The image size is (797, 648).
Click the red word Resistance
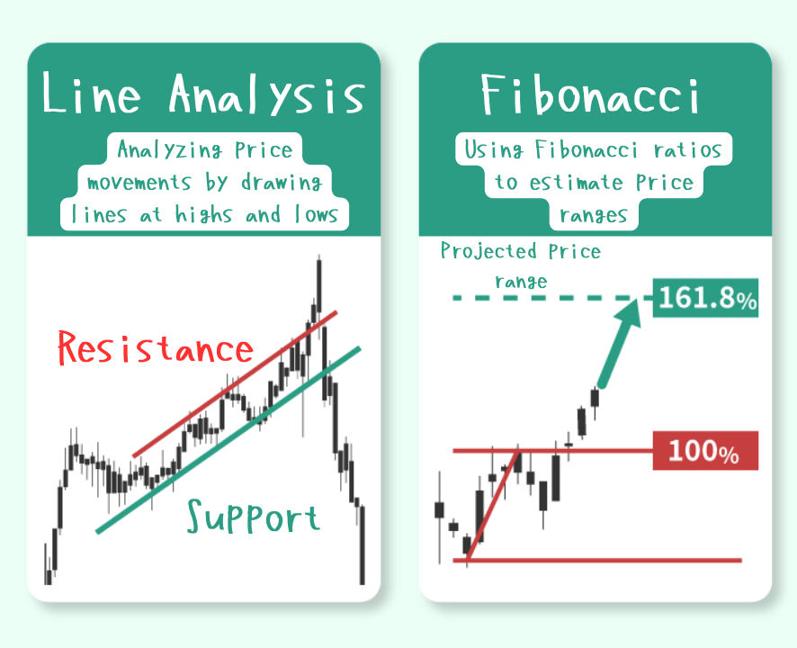(x=156, y=348)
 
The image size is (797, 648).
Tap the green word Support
(x=253, y=517)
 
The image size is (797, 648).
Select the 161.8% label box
(x=705, y=298)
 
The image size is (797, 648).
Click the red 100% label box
(x=705, y=451)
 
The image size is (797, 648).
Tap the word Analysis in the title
(x=267, y=94)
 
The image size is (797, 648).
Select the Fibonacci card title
(x=591, y=94)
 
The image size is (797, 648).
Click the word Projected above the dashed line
(x=488, y=251)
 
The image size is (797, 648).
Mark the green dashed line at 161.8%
(x=552, y=298)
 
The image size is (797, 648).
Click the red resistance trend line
(x=235, y=383)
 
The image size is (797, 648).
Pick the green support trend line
(x=228, y=440)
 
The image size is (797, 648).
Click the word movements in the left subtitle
(x=139, y=182)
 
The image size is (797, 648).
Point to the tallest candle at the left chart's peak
(x=318, y=284)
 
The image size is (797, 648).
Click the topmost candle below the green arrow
(x=595, y=398)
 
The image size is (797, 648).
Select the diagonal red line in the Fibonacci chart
(x=493, y=505)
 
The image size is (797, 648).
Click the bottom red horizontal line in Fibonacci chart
(x=597, y=561)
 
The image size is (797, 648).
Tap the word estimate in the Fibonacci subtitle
(x=576, y=182)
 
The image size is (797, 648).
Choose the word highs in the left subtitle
(x=203, y=214)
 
